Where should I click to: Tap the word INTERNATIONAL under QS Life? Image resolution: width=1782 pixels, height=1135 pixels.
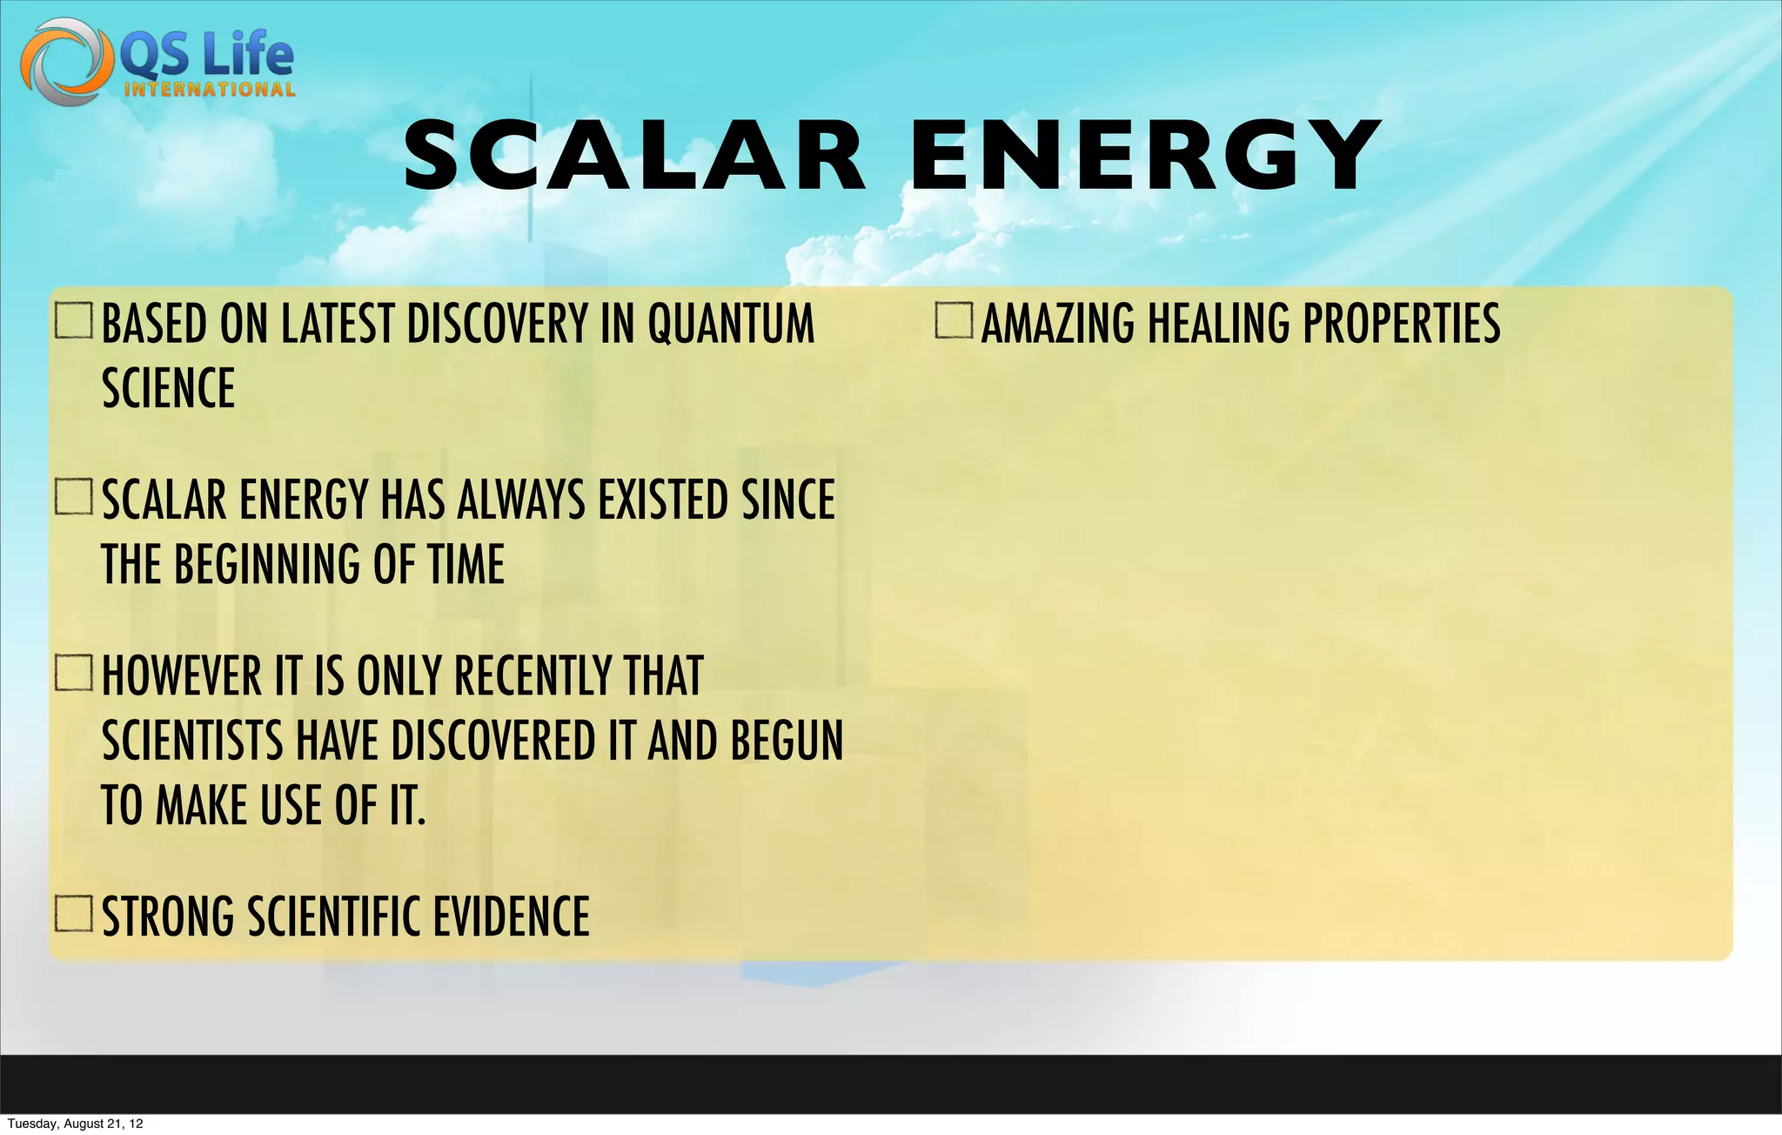pyautogui.click(x=209, y=90)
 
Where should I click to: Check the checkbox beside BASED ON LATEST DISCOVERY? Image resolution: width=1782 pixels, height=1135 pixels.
pyautogui.click(x=74, y=320)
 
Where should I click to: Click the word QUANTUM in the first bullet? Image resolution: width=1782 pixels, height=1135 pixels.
pyautogui.click(x=731, y=324)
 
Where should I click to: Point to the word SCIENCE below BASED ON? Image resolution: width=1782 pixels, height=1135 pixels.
pyautogui.click(x=169, y=388)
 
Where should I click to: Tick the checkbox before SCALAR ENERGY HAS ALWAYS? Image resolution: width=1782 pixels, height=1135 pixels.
pyautogui.click(x=74, y=498)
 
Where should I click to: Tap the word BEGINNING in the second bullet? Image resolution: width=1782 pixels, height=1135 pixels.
pyautogui.click(x=268, y=564)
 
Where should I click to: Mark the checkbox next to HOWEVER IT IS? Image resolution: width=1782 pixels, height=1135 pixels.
pyautogui.click(x=74, y=673)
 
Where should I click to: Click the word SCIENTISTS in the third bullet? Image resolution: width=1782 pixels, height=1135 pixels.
pyautogui.click(x=193, y=741)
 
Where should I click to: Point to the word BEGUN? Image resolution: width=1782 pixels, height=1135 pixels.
pyautogui.click(x=787, y=741)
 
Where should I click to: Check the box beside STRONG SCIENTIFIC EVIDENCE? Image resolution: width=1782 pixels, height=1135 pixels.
pyautogui.click(x=74, y=914)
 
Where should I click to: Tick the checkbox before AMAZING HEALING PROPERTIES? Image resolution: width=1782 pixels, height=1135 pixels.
pyautogui.click(x=954, y=320)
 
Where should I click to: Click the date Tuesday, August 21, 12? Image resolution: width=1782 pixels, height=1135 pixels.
pyautogui.click(x=75, y=1124)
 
